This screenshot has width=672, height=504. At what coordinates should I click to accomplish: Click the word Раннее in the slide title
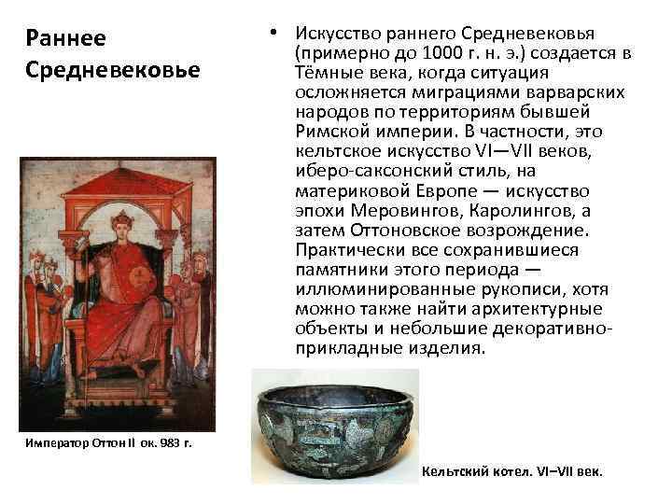point(66,40)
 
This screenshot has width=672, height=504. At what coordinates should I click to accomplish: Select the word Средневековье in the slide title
point(114,71)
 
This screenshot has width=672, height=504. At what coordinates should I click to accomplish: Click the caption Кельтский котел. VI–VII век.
point(512,471)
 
